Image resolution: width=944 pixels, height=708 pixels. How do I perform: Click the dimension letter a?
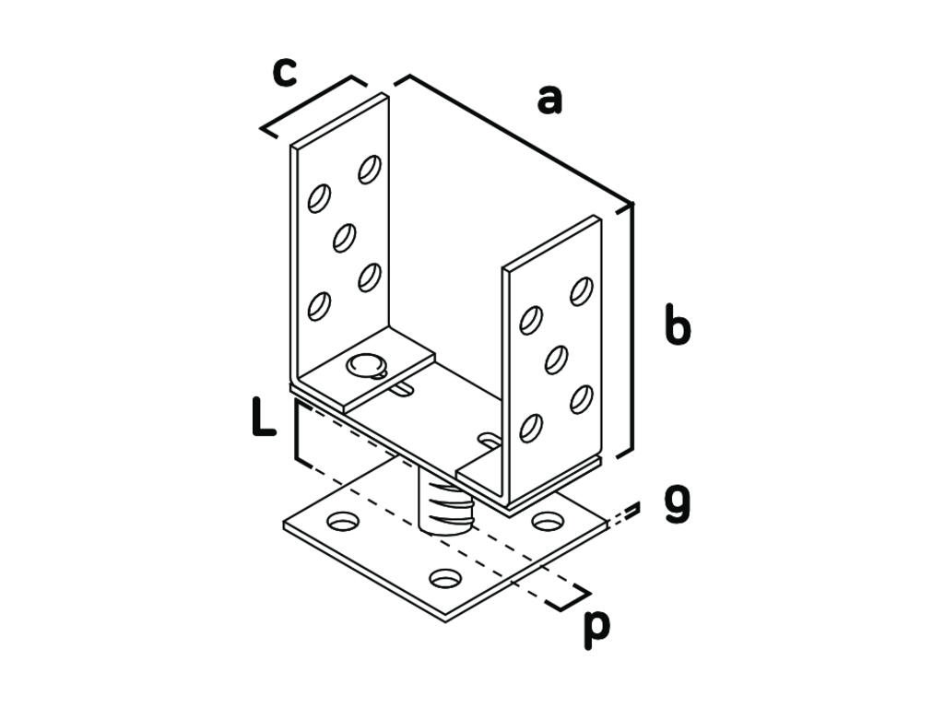coord(549,100)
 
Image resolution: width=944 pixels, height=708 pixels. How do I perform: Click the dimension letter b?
coord(678,324)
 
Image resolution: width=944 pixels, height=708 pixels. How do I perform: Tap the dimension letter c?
coord(285,72)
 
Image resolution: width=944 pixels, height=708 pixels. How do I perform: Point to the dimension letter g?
coord(678,504)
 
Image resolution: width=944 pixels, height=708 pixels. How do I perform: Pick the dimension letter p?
coord(596,630)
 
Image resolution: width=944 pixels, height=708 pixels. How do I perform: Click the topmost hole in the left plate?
coord(370,170)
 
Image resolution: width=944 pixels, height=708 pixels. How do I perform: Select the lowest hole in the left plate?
coord(319,306)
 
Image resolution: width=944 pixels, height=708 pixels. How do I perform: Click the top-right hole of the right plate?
coord(582,291)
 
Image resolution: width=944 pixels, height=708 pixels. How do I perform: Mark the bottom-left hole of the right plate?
coord(531,428)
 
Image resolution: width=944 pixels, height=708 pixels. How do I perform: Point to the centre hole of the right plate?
coord(556,360)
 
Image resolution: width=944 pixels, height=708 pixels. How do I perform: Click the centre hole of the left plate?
coord(345,238)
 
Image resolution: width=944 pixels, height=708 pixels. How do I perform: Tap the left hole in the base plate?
coord(343,521)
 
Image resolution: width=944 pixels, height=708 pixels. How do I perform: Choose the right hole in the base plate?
coord(548,521)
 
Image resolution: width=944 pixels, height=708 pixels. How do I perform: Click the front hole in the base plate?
coord(446,578)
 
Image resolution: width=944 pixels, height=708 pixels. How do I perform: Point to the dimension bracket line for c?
coord(313,107)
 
